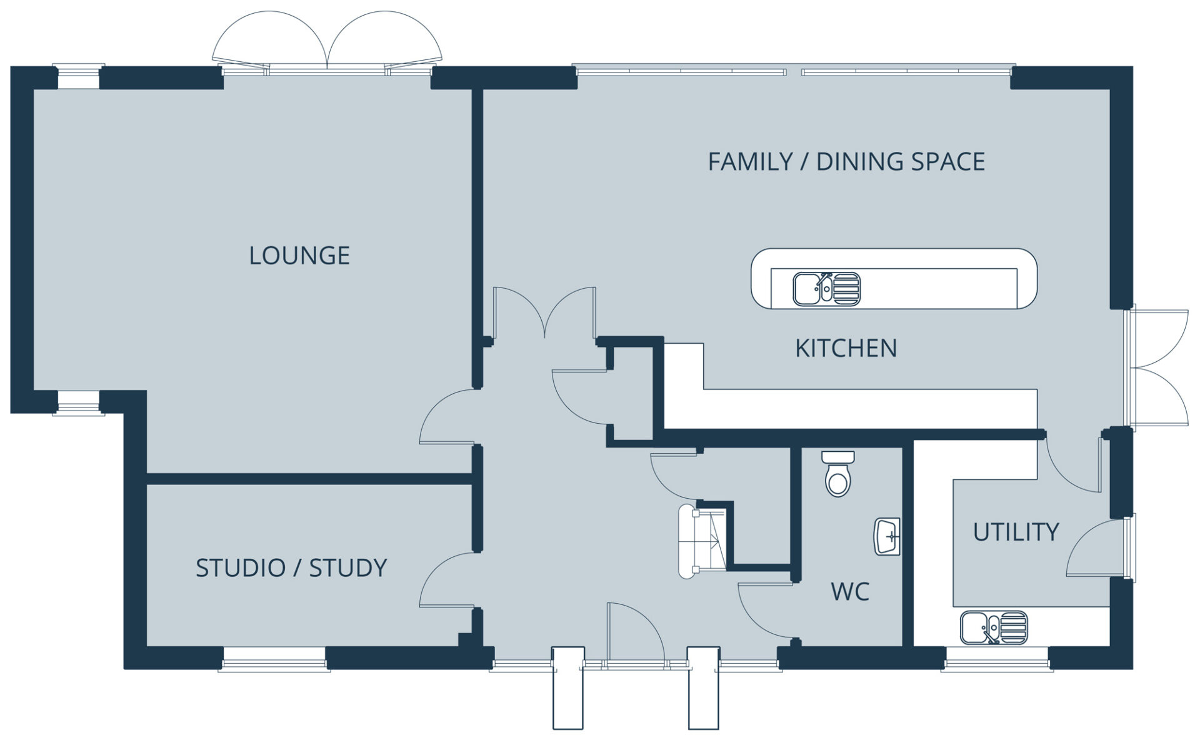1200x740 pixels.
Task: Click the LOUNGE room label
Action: (299, 256)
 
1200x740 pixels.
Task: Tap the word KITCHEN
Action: (846, 348)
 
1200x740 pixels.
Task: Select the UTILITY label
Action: (1016, 532)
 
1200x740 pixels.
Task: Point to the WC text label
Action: (850, 591)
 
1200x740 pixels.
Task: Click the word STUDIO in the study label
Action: (241, 568)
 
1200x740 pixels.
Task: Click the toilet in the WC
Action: (837, 474)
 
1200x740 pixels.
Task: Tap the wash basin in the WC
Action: (887, 536)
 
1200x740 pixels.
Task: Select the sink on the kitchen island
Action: (827, 289)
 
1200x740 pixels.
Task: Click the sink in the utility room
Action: (994, 627)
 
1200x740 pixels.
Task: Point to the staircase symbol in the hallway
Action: (703, 541)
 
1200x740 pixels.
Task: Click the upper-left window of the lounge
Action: (78, 77)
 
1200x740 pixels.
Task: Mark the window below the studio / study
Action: (274, 659)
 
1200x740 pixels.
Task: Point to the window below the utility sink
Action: (997, 659)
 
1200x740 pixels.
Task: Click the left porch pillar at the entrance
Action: (568, 687)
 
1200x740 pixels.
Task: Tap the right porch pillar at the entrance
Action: (704, 687)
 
